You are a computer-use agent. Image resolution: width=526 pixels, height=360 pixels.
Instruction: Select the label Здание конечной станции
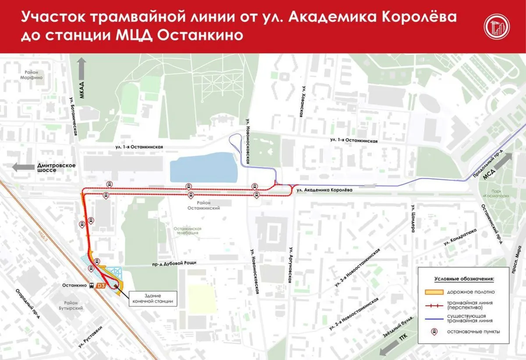[153, 298]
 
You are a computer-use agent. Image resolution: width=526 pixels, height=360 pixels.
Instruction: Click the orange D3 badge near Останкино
[100, 286]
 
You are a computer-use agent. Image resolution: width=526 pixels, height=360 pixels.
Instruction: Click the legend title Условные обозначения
[464, 279]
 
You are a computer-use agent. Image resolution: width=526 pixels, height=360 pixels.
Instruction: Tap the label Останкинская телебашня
[187, 231]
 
